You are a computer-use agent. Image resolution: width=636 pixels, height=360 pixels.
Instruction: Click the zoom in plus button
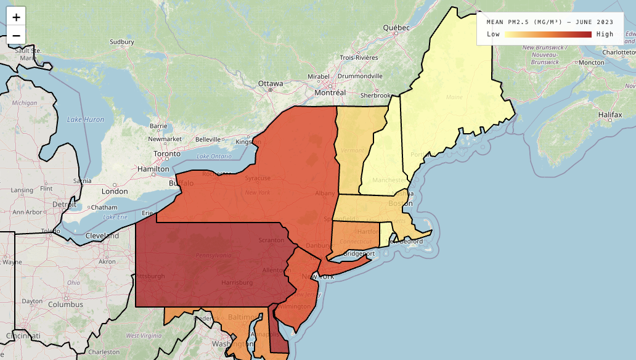pyautogui.click(x=16, y=17)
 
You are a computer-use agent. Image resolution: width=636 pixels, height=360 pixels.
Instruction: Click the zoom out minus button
pyautogui.click(x=16, y=35)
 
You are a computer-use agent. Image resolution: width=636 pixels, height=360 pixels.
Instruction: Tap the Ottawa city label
pyautogui.click(x=271, y=83)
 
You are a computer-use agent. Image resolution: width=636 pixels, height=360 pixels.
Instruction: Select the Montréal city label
pyautogui.click(x=330, y=92)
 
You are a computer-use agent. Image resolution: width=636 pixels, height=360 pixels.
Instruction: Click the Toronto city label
pyautogui.click(x=166, y=153)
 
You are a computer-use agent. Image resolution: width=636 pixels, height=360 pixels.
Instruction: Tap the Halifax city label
pyautogui.click(x=609, y=115)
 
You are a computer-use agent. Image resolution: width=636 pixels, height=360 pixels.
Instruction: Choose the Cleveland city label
pyautogui.click(x=102, y=235)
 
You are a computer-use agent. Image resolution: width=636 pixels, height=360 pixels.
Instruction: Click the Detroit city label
pyautogui.click(x=65, y=204)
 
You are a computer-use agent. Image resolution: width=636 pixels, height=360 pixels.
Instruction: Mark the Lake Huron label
pyautogui.click(x=86, y=119)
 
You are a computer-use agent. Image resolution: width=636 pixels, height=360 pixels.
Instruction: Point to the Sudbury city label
pyautogui.click(x=122, y=42)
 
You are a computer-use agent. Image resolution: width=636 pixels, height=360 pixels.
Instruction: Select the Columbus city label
pyautogui.click(x=66, y=304)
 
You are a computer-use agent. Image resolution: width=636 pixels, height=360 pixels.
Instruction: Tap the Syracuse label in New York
pyautogui.click(x=258, y=178)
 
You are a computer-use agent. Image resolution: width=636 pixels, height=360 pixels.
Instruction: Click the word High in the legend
pyautogui.click(x=605, y=35)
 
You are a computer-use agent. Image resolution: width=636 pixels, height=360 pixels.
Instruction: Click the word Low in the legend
pyautogui.click(x=493, y=35)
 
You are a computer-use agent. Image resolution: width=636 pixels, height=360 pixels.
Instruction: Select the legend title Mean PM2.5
pyautogui.click(x=550, y=22)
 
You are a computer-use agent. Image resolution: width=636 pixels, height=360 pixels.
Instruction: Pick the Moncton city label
pyautogui.click(x=592, y=62)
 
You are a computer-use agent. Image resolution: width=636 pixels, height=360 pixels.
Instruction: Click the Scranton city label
pyautogui.click(x=271, y=240)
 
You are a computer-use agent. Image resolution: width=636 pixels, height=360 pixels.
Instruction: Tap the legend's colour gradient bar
pyautogui.click(x=548, y=35)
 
